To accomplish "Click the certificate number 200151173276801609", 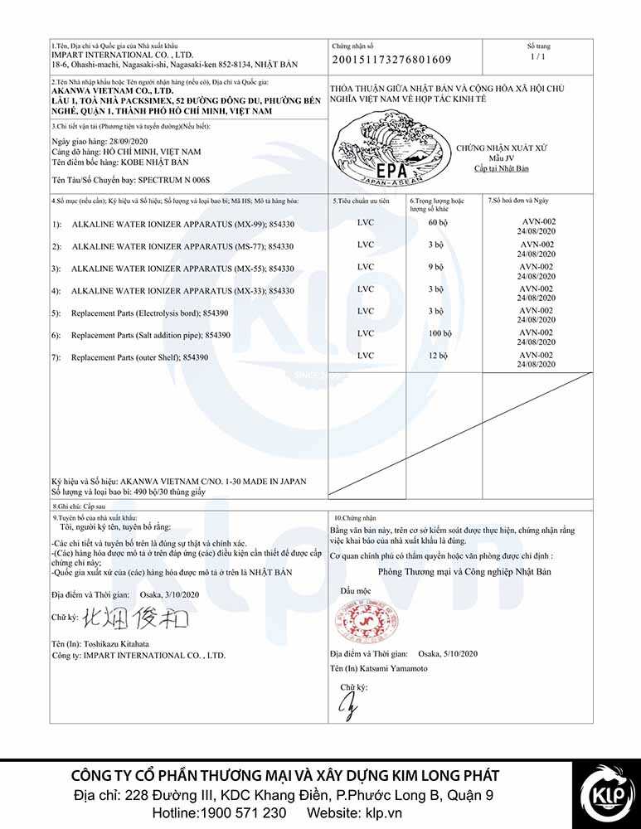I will click(x=391, y=60).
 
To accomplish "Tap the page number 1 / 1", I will click(x=537, y=56).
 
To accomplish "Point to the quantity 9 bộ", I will click(x=437, y=268).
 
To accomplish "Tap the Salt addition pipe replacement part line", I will click(x=151, y=334).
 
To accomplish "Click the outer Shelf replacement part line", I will click(x=139, y=356).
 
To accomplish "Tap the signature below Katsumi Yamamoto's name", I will click(x=349, y=707).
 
